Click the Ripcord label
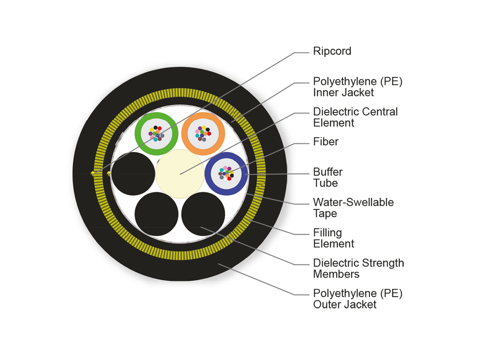[x=332, y=51]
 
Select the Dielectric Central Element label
[x=355, y=117]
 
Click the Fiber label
[x=326, y=142]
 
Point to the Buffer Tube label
[x=328, y=178]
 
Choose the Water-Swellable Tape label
[x=353, y=208]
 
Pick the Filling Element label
[x=333, y=238]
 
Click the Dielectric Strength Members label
[x=358, y=268]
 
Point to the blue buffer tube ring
[x=209, y=174]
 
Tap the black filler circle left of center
[x=133, y=174]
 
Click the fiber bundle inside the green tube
[x=156, y=134]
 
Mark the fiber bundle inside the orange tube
[x=203, y=134]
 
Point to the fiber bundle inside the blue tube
[x=226, y=174]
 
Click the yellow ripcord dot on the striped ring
[x=93, y=173]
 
